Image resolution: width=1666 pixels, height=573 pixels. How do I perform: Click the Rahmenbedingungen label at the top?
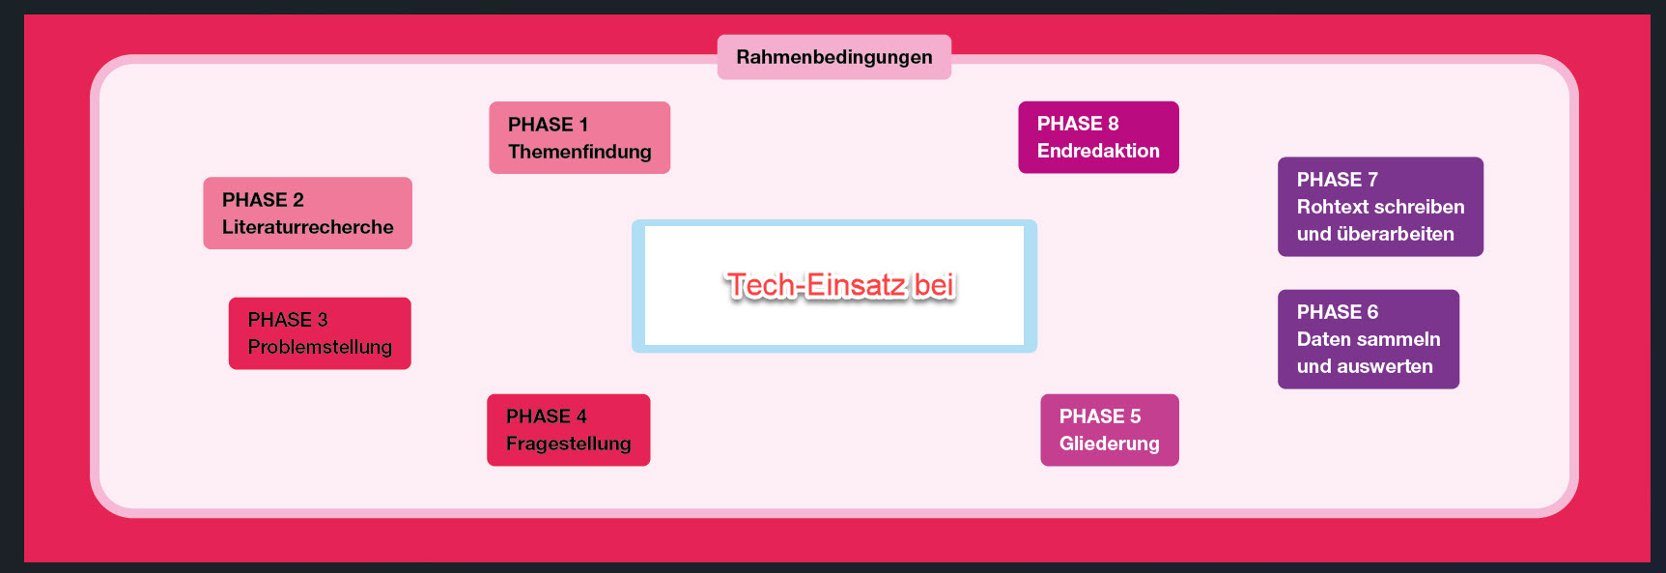tap(834, 57)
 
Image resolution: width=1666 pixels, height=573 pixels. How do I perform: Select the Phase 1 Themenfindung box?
tap(579, 137)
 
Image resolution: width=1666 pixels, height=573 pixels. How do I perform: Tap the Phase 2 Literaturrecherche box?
tap(307, 213)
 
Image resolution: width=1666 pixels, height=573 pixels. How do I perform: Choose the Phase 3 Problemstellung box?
tap(320, 333)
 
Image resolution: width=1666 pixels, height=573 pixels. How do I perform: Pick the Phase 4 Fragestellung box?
tap(568, 430)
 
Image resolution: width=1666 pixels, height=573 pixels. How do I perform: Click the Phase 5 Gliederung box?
tap(1109, 430)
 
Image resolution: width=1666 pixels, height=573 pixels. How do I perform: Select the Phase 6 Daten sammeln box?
tap(1368, 339)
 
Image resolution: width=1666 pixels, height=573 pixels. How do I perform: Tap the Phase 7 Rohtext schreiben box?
tap(1380, 207)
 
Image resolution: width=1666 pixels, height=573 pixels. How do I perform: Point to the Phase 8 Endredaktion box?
tap(1098, 137)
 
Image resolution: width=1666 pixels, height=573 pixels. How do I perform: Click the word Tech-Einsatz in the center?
tap(816, 285)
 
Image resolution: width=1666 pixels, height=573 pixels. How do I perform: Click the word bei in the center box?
tap(934, 285)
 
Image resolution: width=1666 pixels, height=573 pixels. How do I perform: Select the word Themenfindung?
tap(579, 152)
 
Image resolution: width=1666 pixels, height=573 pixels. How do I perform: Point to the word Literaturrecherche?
tap(308, 227)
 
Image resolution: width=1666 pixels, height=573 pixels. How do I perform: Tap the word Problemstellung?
tap(320, 347)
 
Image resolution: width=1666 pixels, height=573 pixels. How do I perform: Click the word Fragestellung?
tap(569, 444)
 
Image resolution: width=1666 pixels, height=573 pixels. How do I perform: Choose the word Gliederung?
tap(1110, 444)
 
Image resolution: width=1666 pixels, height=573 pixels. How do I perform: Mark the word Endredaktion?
tap(1098, 151)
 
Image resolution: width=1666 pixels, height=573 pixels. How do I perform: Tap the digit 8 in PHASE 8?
tap(1113, 124)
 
